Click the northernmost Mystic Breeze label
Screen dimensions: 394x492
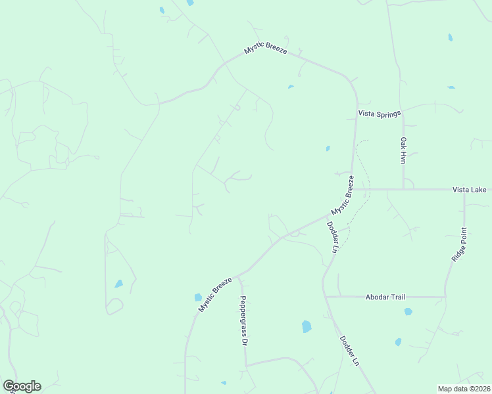pyautogui.click(x=266, y=49)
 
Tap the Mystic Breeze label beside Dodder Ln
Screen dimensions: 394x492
pyautogui.click(x=343, y=194)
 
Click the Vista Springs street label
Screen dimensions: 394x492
pyautogui.click(x=379, y=114)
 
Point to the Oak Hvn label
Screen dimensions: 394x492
pyautogui.click(x=404, y=150)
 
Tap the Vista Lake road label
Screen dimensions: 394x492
pyautogui.click(x=469, y=189)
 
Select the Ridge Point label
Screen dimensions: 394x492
pyautogui.click(x=459, y=245)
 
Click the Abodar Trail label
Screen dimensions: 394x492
pyautogui.click(x=385, y=297)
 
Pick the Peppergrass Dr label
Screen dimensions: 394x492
pyautogui.click(x=243, y=320)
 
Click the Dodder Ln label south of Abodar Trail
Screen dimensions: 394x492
pyautogui.click(x=349, y=351)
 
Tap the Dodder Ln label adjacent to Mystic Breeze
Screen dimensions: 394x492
pyautogui.click(x=332, y=236)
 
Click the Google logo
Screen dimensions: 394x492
pyautogui.click(x=22, y=385)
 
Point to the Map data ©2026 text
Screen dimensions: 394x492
pyautogui.click(x=464, y=389)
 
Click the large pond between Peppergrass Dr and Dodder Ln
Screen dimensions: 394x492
pyautogui.click(x=306, y=326)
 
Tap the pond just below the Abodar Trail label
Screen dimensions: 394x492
pyautogui.click(x=408, y=311)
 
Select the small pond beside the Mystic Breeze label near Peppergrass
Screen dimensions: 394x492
pyautogui.click(x=198, y=297)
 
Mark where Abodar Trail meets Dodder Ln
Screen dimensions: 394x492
pyautogui.click(x=326, y=297)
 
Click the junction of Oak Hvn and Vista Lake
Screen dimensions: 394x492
pyautogui.click(x=403, y=189)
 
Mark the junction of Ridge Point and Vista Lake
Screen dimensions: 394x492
pyautogui.click(x=464, y=190)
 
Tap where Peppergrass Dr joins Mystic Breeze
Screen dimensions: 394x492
pyautogui.click(x=239, y=276)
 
